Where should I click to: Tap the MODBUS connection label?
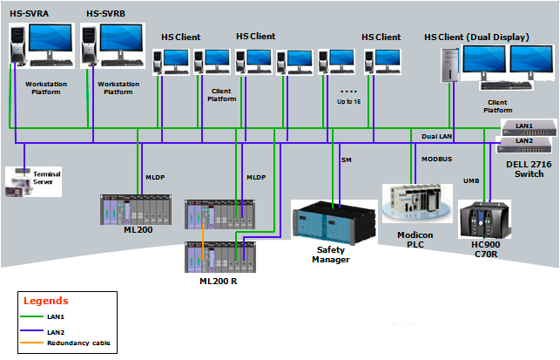point(436,160)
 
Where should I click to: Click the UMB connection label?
point(471,180)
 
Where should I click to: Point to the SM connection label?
point(346,160)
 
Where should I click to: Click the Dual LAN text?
point(436,136)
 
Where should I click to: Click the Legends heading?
point(45,301)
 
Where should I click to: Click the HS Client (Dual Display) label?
point(480,37)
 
